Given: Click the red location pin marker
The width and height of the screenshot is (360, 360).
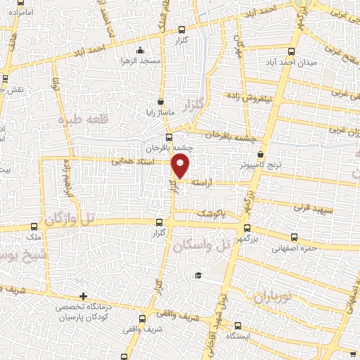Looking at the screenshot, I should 181,167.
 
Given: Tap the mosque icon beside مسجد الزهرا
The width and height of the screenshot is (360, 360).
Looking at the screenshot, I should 141,50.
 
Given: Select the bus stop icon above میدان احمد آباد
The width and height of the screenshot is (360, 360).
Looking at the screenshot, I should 293,51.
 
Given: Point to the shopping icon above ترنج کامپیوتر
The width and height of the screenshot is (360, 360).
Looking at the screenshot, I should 261,154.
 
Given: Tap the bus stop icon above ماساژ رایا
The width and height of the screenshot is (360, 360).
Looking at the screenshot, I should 161,101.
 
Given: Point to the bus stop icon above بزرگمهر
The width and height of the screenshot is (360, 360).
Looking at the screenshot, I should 246,227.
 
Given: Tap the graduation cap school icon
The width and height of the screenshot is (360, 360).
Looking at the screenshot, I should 198,275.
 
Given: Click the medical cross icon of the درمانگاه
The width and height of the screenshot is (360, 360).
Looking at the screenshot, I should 83,296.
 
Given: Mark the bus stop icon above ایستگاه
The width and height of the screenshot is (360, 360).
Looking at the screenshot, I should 237,326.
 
